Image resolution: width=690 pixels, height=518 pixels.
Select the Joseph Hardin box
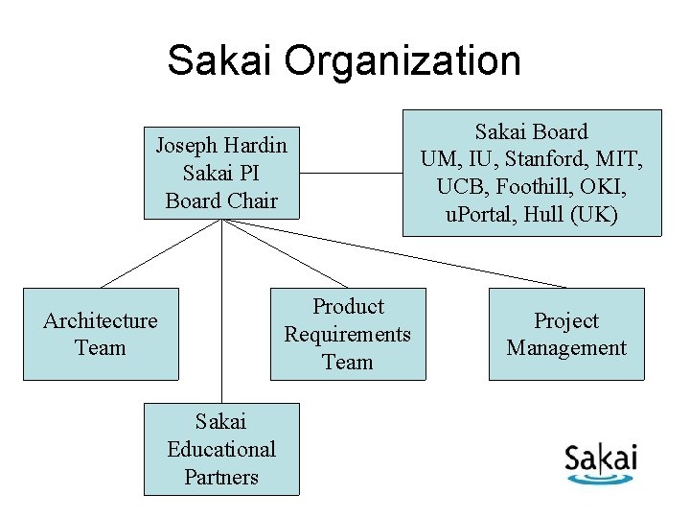(221, 173)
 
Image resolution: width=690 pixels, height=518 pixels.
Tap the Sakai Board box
(532, 173)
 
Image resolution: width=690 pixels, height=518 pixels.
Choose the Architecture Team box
(101, 334)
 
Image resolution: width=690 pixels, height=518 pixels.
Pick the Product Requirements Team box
(348, 334)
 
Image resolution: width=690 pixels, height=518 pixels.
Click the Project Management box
(566, 334)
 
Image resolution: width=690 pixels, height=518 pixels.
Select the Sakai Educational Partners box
(221, 449)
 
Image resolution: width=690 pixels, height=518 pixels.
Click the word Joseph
(188, 146)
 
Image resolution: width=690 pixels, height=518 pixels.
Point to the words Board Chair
(221, 200)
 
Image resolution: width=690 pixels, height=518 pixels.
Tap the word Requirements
(348, 334)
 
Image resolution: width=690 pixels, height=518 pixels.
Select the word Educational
(221, 449)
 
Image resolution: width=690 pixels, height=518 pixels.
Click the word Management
(566, 347)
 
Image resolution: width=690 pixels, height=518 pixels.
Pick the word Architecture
(101, 320)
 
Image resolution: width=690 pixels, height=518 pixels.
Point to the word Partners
(221, 477)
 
